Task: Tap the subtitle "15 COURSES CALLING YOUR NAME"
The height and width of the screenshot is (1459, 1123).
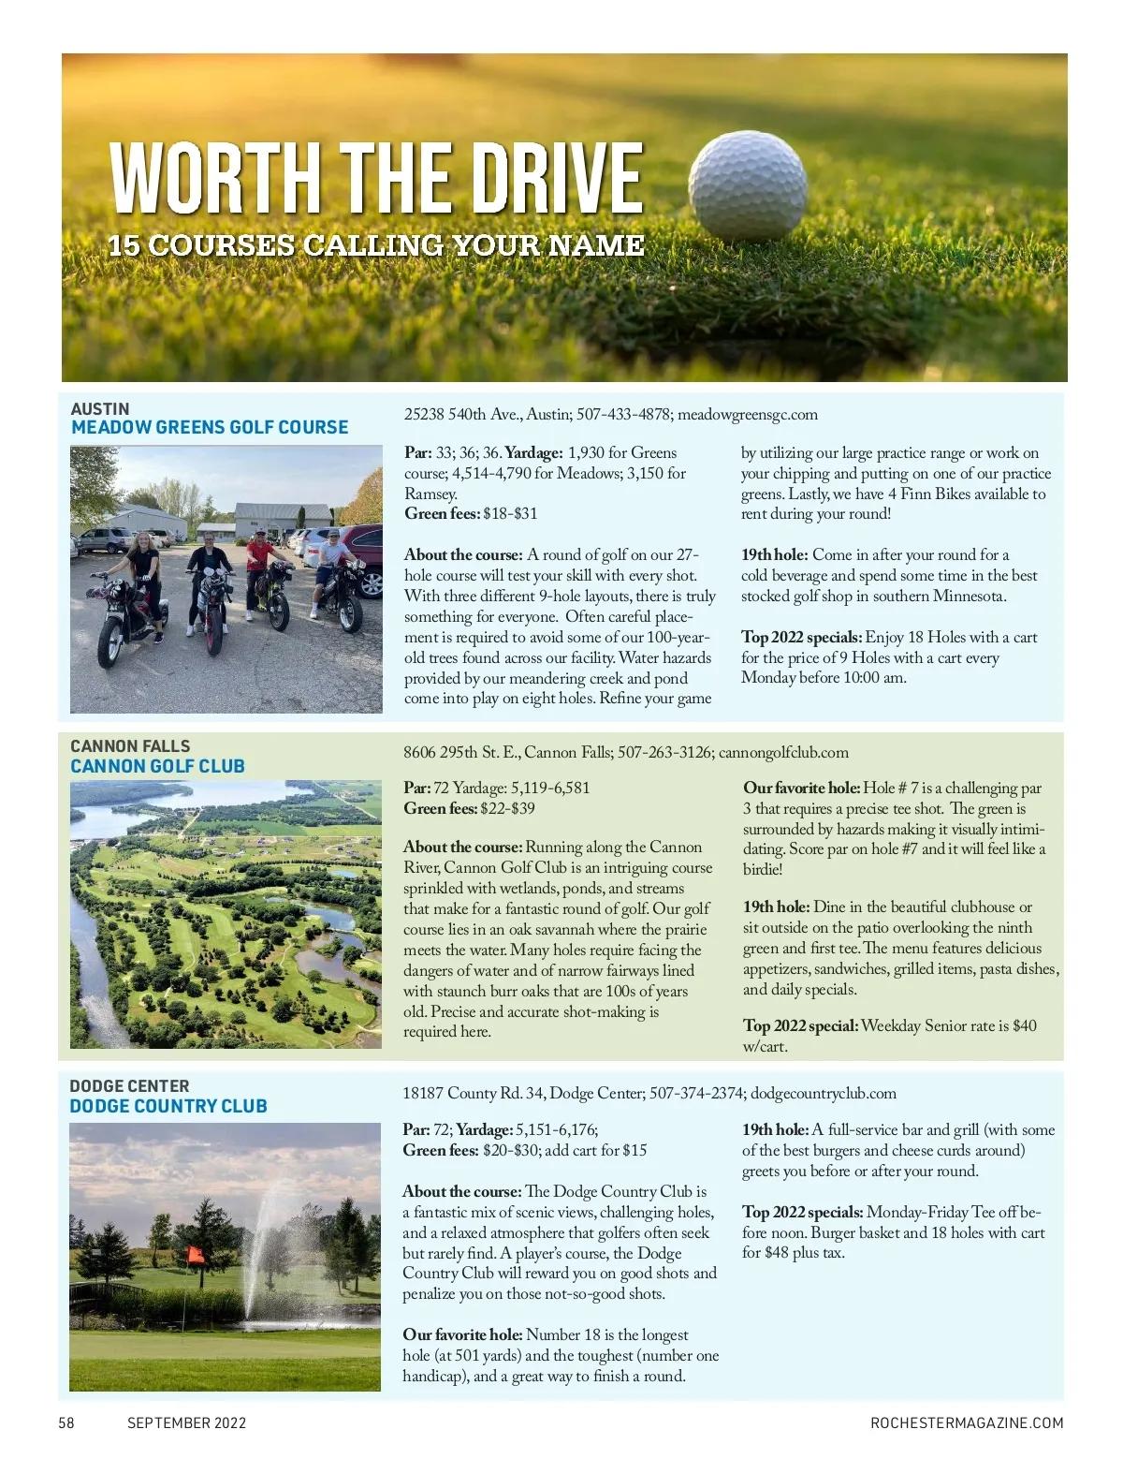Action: click(376, 245)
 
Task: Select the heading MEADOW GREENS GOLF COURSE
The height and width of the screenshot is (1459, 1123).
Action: click(210, 427)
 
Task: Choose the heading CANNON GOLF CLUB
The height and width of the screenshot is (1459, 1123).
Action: click(157, 766)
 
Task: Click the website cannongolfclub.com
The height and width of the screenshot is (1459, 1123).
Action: click(783, 752)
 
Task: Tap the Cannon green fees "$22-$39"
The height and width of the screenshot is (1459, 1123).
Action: click(507, 808)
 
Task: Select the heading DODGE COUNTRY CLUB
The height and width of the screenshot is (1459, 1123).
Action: click(168, 1106)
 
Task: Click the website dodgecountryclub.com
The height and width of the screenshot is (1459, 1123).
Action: click(824, 1093)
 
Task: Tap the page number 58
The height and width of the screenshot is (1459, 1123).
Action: click(66, 1422)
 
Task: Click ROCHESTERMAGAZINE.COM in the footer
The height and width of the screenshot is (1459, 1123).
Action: click(967, 1422)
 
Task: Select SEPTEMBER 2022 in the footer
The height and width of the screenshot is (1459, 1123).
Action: click(187, 1422)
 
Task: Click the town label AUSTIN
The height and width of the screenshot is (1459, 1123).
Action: click(100, 409)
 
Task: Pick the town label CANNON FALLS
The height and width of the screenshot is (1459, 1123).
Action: click(130, 746)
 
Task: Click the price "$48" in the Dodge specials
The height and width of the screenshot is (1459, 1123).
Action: click(777, 1253)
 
